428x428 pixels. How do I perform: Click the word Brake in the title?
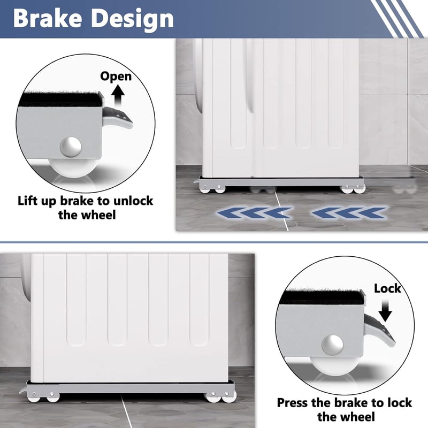pyautogui.click(x=48, y=18)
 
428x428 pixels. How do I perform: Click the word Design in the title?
pyautogui.click(x=132, y=20)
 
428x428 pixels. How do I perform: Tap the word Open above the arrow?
pyautogui.click(x=116, y=77)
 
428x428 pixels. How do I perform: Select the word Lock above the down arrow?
pyautogui.click(x=387, y=288)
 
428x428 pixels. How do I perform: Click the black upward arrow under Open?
pyautogui.click(x=118, y=97)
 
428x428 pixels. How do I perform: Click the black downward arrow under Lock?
pyautogui.click(x=385, y=311)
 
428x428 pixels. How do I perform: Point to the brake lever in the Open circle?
pyautogui.click(x=117, y=117)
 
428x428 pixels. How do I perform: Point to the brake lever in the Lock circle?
pyautogui.click(x=379, y=331)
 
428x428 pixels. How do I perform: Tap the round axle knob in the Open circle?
pyautogui.click(x=71, y=147)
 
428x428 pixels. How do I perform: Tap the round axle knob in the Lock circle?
pyautogui.click(x=332, y=345)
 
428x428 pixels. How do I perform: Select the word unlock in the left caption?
pyautogui.click(x=133, y=201)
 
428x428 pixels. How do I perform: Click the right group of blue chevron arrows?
pyautogui.click(x=349, y=213)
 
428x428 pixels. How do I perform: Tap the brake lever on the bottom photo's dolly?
pyautogui.click(x=24, y=389)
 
